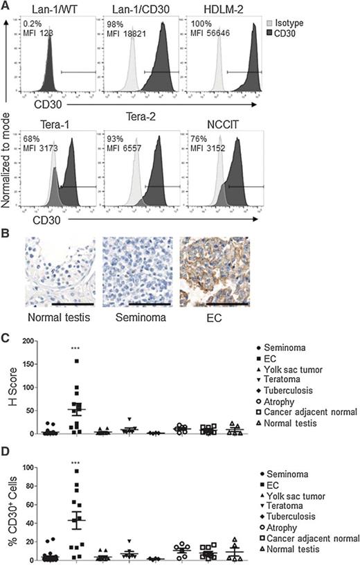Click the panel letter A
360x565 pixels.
coord(6,6)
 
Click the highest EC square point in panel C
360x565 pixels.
coord(77,361)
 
